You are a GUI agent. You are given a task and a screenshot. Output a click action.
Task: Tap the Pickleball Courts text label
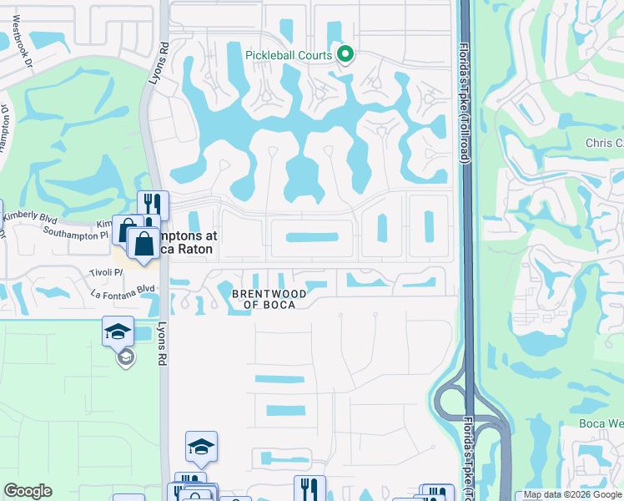tap(288, 55)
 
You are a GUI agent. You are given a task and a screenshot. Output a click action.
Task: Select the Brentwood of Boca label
tap(269, 299)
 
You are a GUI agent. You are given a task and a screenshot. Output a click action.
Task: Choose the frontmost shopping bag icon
tap(143, 244)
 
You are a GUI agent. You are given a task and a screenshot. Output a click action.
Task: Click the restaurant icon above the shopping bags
tap(153, 205)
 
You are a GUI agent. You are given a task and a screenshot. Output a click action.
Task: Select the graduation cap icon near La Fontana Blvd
tap(118, 331)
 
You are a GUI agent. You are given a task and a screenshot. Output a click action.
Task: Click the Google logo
tap(28, 491)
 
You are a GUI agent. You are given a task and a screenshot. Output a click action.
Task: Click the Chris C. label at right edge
tap(604, 143)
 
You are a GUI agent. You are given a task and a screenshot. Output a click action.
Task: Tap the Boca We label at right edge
tap(601, 423)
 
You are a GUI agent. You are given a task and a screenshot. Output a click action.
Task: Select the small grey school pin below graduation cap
tap(125, 358)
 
